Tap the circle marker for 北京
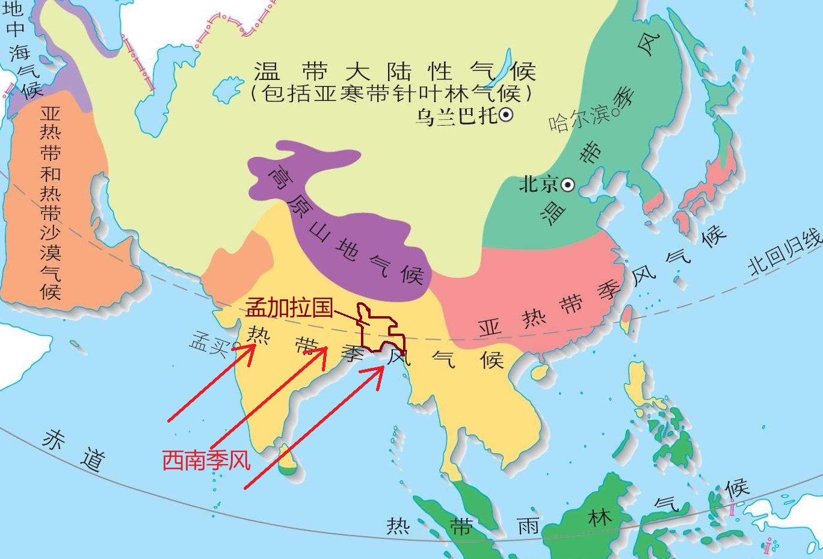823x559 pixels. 568,185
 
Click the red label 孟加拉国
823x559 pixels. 289,308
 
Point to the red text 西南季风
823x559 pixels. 206,460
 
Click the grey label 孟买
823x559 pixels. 208,344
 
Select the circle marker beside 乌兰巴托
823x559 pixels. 506,115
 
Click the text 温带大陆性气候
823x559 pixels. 394,72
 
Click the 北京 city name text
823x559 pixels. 538,185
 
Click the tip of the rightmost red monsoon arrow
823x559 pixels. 383,367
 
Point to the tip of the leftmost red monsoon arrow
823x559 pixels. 253,345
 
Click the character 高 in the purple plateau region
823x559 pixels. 279,179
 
